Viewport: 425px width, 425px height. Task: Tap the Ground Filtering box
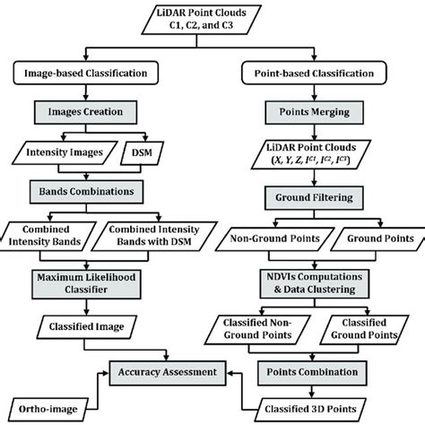tap(319, 195)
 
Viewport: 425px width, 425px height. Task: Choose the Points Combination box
tap(319, 370)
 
